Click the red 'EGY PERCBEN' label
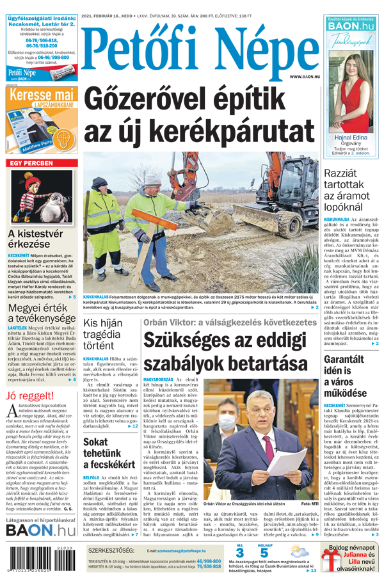(x=30, y=164)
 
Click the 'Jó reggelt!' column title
(x=29, y=395)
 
